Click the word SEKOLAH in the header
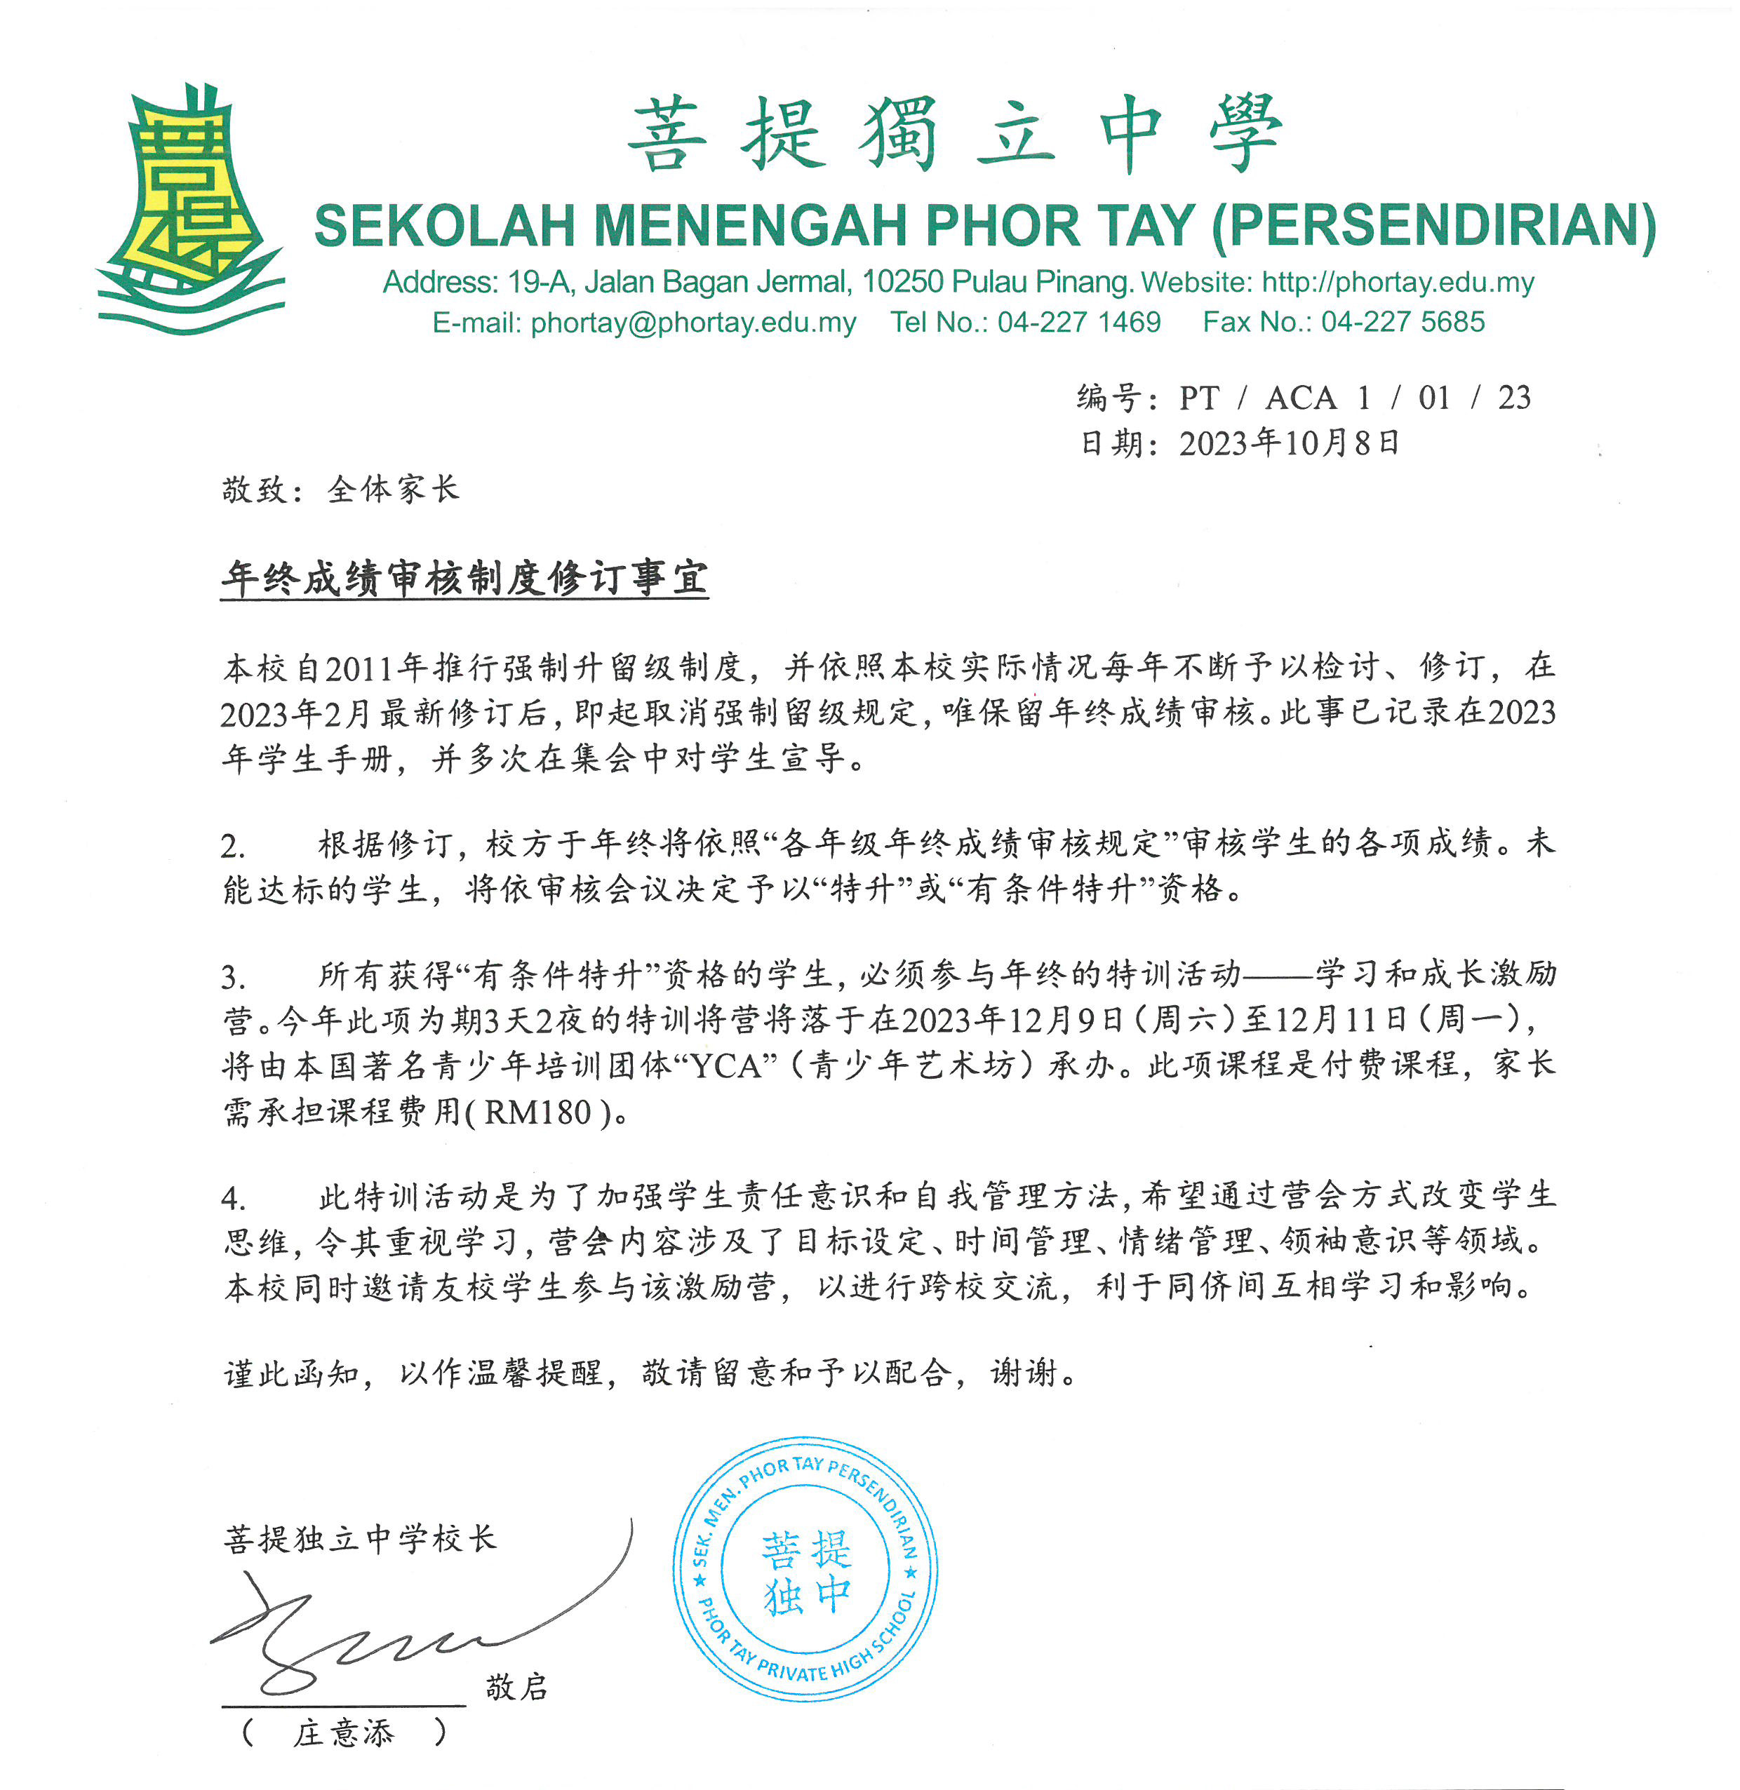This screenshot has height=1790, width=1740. (444, 226)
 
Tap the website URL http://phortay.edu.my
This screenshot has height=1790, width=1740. (1398, 283)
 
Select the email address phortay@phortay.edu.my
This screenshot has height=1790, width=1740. (692, 323)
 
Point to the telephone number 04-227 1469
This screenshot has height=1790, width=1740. (1078, 323)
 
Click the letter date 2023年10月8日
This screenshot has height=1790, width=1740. (1289, 444)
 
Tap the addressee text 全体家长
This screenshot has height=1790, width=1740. (393, 490)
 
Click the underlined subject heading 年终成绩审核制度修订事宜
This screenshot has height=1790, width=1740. (464, 579)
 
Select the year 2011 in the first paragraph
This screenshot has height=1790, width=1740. (359, 669)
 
